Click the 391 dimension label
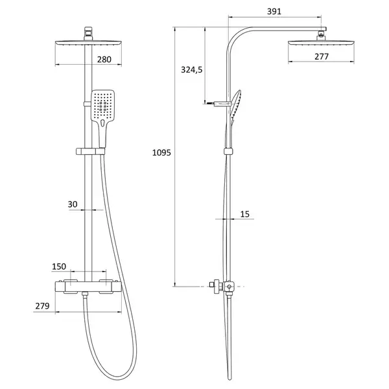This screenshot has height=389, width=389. pyautogui.click(x=274, y=12)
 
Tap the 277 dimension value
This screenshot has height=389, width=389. pyautogui.click(x=322, y=56)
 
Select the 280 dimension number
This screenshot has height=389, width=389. pyautogui.click(x=104, y=60)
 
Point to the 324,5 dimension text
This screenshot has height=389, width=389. pyautogui.click(x=191, y=70)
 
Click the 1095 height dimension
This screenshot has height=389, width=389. pyautogui.click(x=161, y=152)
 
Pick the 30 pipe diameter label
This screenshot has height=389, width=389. pyautogui.click(x=73, y=204)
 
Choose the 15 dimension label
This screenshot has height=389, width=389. pyautogui.click(x=244, y=214)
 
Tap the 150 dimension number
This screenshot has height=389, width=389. pyautogui.click(x=59, y=266)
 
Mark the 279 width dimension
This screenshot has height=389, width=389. pyautogui.click(x=42, y=306)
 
